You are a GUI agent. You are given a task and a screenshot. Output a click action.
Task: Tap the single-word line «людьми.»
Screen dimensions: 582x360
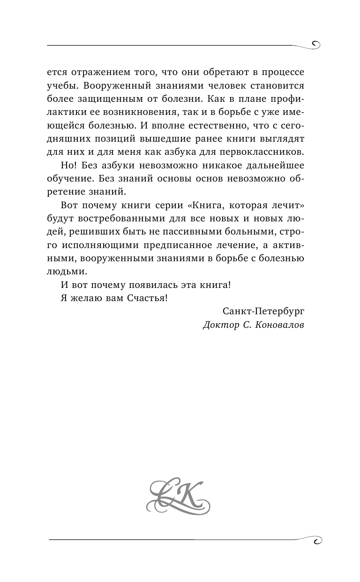pyautogui.click(x=67, y=271)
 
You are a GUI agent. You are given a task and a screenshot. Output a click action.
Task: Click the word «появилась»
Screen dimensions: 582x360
pyautogui.click(x=146, y=284)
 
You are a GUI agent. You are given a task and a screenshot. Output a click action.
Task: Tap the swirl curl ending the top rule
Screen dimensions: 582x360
pyautogui.click(x=315, y=45)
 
